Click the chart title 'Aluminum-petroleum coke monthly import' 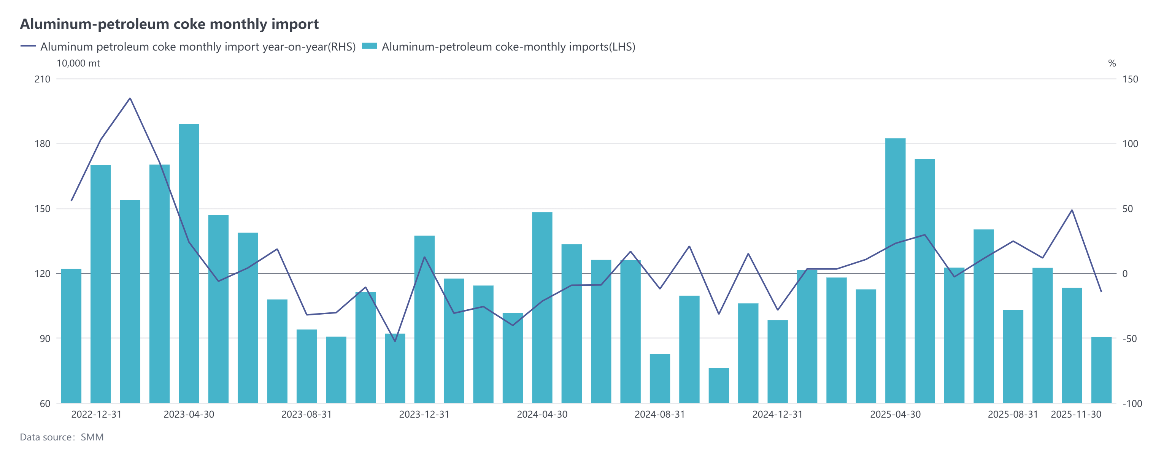tap(169, 24)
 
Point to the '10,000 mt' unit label tap(78, 63)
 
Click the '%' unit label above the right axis tap(1112, 63)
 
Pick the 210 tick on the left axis tap(42, 79)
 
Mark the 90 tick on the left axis tap(44, 339)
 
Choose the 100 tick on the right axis tap(1130, 144)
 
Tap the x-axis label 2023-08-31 tap(306, 415)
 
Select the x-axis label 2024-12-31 tap(777, 415)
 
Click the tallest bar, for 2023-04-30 tap(189, 264)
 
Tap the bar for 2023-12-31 tap(424, 319)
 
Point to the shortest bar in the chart tap(718, 386)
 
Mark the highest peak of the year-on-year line tap(130, 98)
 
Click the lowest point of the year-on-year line tap(395, 341)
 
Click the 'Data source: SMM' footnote tap(62, 437)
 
